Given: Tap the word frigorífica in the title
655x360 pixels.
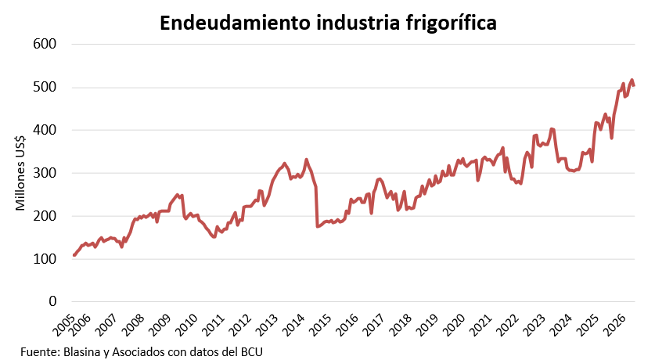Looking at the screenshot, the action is click(452, 23).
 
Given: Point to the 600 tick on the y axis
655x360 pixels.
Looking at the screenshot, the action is click(45, 44).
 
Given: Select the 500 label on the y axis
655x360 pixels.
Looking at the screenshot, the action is click(45, 87).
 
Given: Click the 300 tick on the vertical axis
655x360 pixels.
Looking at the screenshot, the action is click(45, 173).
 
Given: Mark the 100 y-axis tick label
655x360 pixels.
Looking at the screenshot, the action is click(45, 259).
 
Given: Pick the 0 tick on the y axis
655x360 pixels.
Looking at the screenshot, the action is click(52, 301).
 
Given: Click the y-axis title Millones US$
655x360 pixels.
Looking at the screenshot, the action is click(20, 173).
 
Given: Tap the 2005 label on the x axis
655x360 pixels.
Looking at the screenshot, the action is click(63, 324).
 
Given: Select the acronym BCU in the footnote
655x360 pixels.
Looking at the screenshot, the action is click(252, 351).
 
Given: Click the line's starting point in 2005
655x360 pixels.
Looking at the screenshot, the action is click(74, 255).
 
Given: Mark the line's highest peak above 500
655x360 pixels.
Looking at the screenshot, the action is click(632, 80).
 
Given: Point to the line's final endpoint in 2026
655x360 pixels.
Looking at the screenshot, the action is click(634, 85).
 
